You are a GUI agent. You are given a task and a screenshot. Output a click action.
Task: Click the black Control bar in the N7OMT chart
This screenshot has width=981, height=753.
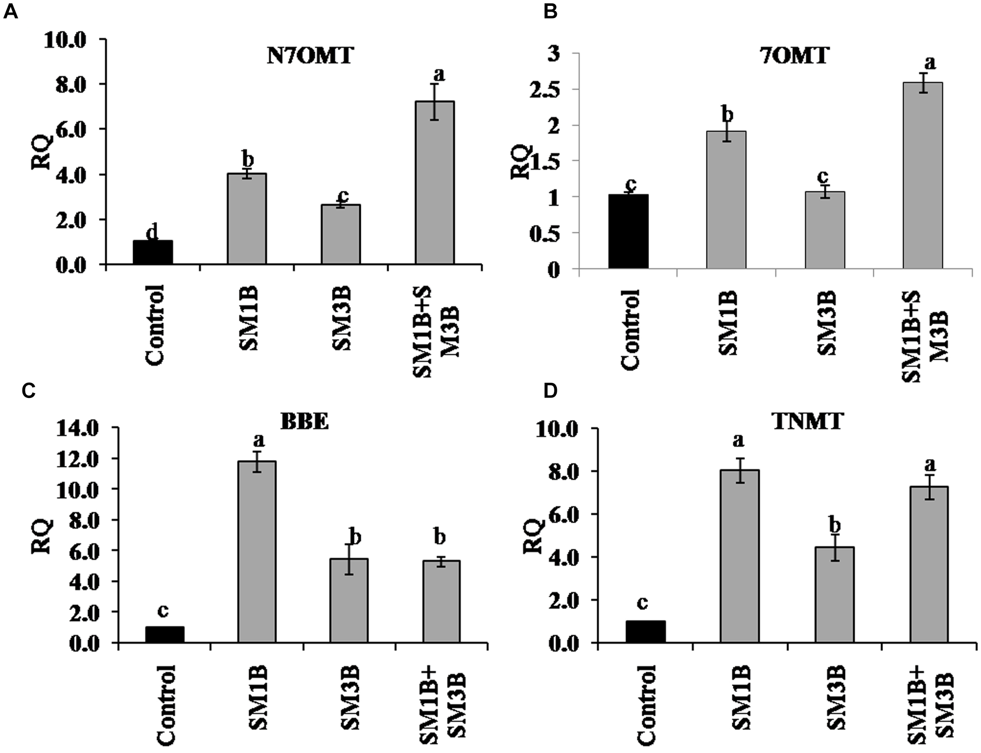[x=153, y=253]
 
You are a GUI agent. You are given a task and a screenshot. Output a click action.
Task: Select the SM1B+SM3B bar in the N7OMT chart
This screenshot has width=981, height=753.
[x=434, y=183]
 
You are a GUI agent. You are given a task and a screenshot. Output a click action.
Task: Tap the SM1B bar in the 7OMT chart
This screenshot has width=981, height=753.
[x=726, y=199]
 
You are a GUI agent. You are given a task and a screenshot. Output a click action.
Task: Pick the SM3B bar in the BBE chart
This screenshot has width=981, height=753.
[x=349, y=601]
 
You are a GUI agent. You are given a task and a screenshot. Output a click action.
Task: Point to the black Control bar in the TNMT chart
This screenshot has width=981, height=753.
[x=645, y=632]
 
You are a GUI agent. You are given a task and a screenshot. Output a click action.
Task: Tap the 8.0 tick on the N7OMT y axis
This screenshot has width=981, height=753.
[x=71, y=84]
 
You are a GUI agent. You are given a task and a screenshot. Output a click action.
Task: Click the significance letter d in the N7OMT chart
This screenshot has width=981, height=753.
[x=152, y=233]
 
